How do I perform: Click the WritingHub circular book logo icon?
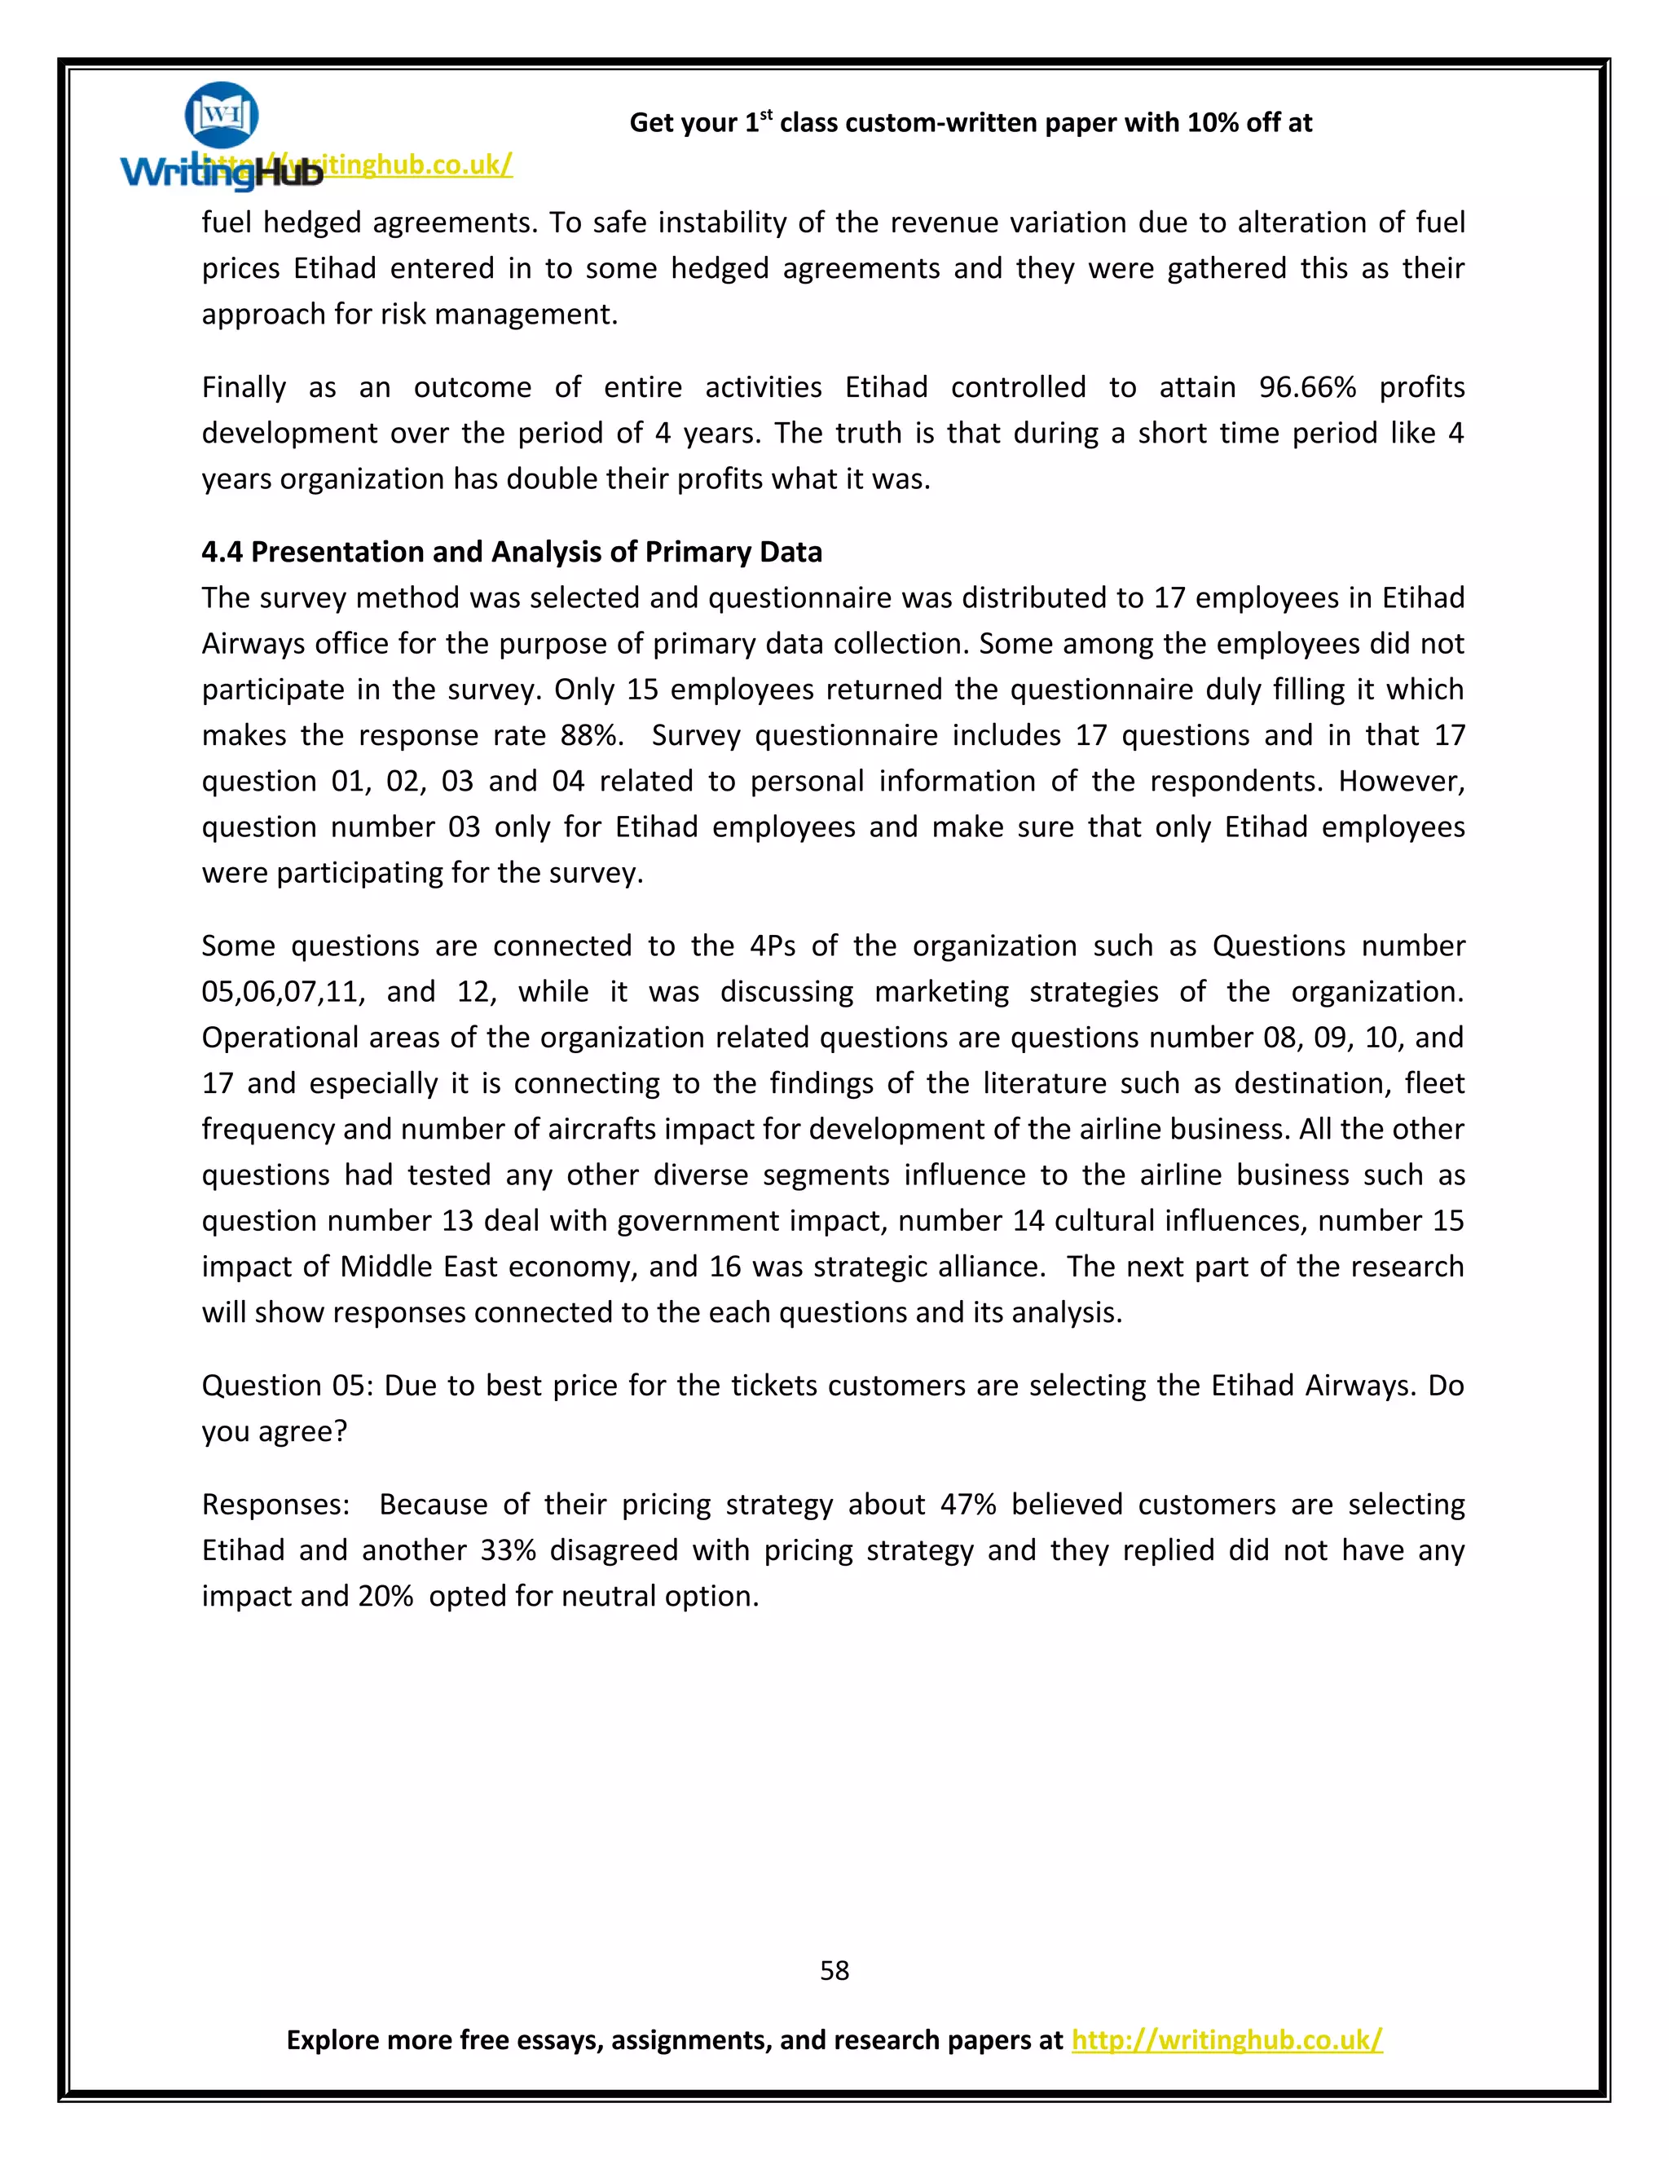coord(222,115)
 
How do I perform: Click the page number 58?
coord(834,1970)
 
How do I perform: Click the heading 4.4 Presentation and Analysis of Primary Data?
coord(511,552)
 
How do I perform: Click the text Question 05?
coord(287,1385)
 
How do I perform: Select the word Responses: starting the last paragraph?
coord(275,1505)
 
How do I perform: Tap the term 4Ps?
coord(773,946)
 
